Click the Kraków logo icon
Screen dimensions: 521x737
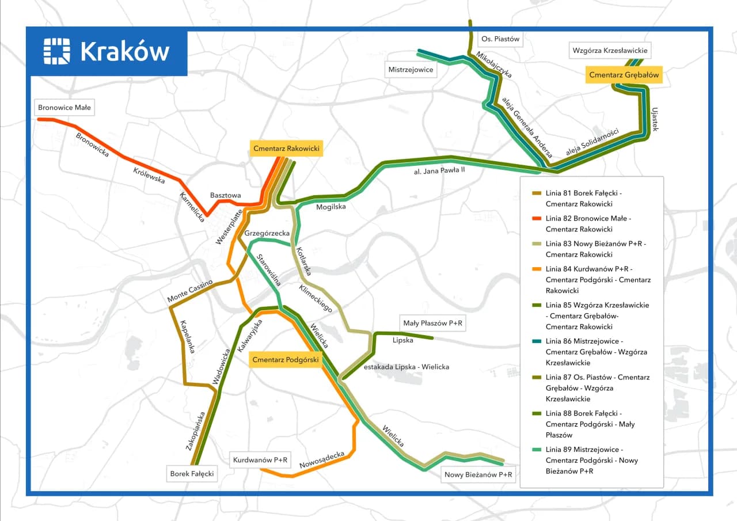pyautogui.click(x=56, y=51)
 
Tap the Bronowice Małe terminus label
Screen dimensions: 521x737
pyautogui.click(x=64, y=107)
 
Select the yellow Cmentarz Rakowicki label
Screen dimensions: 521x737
pyautogui.click(x=286, y=149)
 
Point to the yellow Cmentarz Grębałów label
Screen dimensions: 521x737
pyautogui.click(x=624, y=75)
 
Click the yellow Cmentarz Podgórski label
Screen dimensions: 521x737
pyautogui.click(x=286, y=360)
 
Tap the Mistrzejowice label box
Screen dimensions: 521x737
pyautogui.click(x=411, y=70)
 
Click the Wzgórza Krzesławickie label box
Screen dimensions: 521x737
pyautogui.click(x=610, y=50)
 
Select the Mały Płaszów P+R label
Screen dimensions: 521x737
pyautogui.click(x=433, y=324)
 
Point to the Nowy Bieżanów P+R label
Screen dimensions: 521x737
pyautogui.click(x=478, y=475)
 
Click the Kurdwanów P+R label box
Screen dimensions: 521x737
pyautogui.click(x=260, y=460)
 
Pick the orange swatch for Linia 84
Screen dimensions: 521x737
pyautogui.click(x=536, y=269)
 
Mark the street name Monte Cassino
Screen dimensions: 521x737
pyautogui.click(x=190, y=291)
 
